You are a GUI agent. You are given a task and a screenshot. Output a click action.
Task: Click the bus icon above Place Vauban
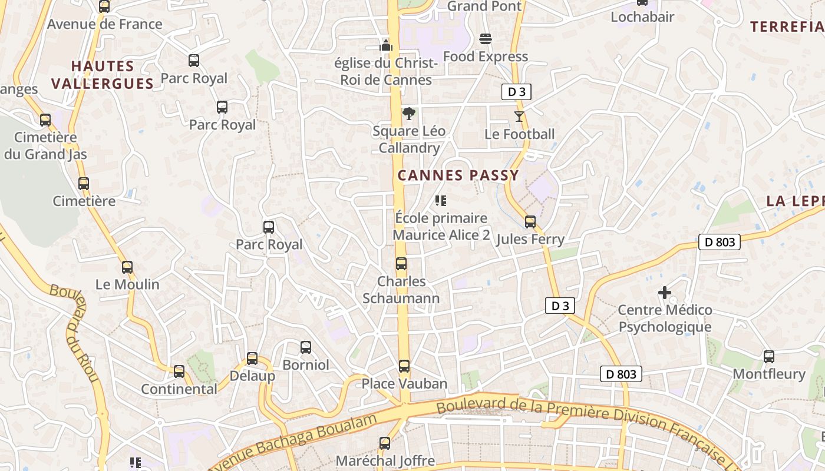coord(404,366)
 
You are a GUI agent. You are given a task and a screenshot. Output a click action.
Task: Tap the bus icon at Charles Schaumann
coord(401,264)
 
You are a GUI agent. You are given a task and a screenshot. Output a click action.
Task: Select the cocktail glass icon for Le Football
coord(519,117)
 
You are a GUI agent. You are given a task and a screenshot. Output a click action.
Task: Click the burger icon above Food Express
coord(486,39)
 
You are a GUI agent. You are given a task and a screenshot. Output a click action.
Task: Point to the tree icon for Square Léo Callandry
coord(408,114)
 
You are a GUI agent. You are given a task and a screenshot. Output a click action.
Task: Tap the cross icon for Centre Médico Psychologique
coord(665,292)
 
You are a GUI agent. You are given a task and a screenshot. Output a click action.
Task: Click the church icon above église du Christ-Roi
coord(386,45)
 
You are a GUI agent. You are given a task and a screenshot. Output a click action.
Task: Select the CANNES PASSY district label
coord(458,175)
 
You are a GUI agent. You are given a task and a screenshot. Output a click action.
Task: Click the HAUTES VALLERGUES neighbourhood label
coord(103,75)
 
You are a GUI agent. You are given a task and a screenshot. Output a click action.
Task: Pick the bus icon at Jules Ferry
coord(530,222)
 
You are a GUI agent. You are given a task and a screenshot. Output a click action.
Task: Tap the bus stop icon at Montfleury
coord(769,356)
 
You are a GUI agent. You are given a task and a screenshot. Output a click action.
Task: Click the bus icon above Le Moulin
coord(127,267)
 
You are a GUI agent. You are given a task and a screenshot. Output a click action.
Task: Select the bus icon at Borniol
coord(306,347)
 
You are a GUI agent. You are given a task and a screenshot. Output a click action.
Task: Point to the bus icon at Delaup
coord(252,358)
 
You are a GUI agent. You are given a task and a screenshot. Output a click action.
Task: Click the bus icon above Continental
coord(179,372)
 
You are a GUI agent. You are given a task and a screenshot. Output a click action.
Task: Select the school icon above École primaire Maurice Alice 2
coord(440,201)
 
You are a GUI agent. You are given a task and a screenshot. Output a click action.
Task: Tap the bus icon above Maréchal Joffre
coord(385,443)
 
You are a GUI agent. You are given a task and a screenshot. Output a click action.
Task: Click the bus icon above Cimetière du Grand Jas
coord(45,120)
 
